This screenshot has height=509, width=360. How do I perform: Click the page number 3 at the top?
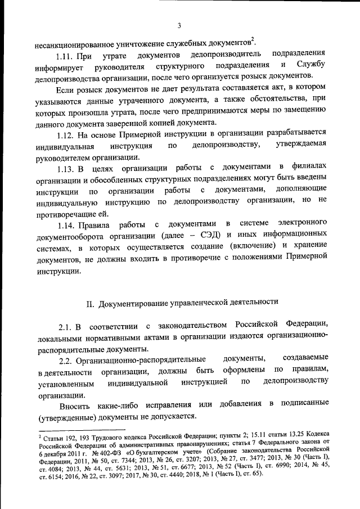(179, 25)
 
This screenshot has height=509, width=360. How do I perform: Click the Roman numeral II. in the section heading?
(89, 303)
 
